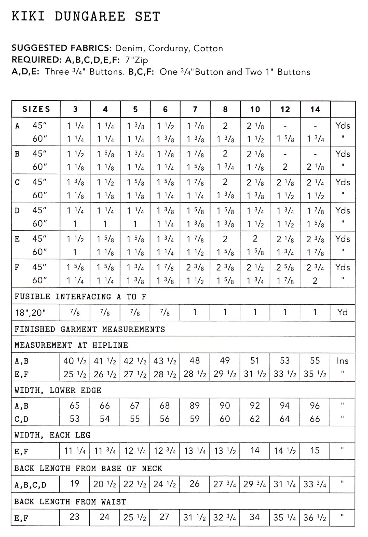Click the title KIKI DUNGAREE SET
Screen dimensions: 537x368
[86, 17]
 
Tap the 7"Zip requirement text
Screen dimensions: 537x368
[137, 60]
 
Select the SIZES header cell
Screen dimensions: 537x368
[36, 109]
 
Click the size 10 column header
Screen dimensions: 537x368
[255, 110]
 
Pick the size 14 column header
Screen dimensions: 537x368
[315, 110]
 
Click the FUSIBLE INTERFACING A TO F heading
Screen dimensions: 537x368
[80, 296]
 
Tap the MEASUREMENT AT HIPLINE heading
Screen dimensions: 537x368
[71, 345]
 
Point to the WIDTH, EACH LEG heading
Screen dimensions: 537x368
[52, 435]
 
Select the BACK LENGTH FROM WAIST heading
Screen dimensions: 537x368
[70, 502]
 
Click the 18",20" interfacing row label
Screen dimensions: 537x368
[30, 312]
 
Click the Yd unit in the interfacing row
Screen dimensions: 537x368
[342, 312]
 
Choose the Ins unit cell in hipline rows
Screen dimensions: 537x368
[342, 361]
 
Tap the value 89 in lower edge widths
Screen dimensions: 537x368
[195, 406]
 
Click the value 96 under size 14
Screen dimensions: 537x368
[315, 406]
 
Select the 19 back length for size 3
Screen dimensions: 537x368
[75, 484]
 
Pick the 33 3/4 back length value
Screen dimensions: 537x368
[315, 484]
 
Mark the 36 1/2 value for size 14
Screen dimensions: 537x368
[315, 518]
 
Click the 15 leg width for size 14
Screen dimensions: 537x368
[315, 451]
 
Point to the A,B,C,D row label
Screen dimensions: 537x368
[30, 485]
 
